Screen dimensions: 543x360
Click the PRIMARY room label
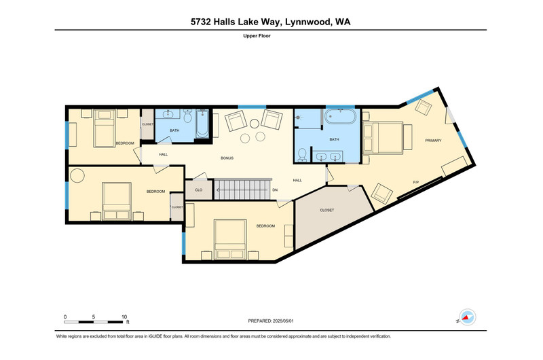pyautogui.click(x=433, y=141)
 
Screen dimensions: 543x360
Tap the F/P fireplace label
pyautogui.click(x=416, y=182)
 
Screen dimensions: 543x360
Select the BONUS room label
pyautogui.click(x=227, y=158)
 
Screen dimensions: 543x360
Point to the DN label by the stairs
pyautogui.click(x=275, y=190)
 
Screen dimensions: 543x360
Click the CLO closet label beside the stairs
pyautogui.click(x=199, y=190)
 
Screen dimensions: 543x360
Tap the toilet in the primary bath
pyautogui.click(x=302, y=155)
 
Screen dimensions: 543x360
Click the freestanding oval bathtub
pyautogui.click(x=340, y=116)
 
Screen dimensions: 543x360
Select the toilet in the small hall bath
pyautogui.click(x=188, y=116)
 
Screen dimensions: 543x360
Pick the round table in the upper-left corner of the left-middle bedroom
pyautogui.click(x=77, y=176)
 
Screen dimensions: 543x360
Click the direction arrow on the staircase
pyautogui.click(x=242, y=190)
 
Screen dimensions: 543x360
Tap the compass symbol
pyautogui.click(x=468, y=317)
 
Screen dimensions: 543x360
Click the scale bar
pyautogui.click(x=94, y=322)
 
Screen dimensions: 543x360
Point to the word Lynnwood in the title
pyautogui.click(x=307, y=22)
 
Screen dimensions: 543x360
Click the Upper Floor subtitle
pyautogui.click(x=257, y=36)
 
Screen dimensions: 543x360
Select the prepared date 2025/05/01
pyautogui.click(x=283, y=321)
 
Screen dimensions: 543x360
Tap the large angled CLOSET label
pyautogui.click(x=327, y=210)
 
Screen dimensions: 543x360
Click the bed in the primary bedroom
pyautogui.click(x=383, y=138)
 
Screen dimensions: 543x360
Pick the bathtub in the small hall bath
pyautogui.click(x=202, y=124)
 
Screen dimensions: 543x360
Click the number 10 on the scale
pyautogui.click(x=124, y=317)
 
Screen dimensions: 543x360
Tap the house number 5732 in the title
pyautogui.click(x=200, y=22)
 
